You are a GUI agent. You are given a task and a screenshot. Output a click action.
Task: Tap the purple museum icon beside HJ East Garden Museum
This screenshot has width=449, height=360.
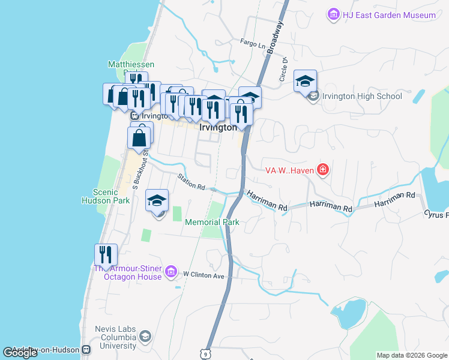tap(333, 14)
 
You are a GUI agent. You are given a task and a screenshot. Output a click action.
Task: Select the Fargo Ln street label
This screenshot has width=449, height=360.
tap(252, 44)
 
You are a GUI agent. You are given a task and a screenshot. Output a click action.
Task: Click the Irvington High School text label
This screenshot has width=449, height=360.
tap(362, 96)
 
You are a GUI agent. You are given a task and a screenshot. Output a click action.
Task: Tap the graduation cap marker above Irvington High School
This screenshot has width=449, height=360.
tap(305, 81)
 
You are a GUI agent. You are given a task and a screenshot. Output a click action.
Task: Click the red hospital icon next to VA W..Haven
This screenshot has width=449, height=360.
tap(323, 170)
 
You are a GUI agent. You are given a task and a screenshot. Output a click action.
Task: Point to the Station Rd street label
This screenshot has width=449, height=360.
tap(191, 181)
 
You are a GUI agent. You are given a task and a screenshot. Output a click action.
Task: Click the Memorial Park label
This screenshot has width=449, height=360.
tap(212, 222)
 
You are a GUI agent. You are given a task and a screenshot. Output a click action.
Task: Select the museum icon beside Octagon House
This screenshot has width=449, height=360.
tap(170, 272)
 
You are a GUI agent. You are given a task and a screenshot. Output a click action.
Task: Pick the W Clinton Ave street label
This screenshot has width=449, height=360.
tap(203, 275)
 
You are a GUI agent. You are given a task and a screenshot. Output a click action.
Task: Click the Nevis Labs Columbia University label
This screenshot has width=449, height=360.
tap(115, 337)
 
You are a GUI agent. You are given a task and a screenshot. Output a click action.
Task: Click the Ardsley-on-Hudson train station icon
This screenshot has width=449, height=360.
tap(86, 349)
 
